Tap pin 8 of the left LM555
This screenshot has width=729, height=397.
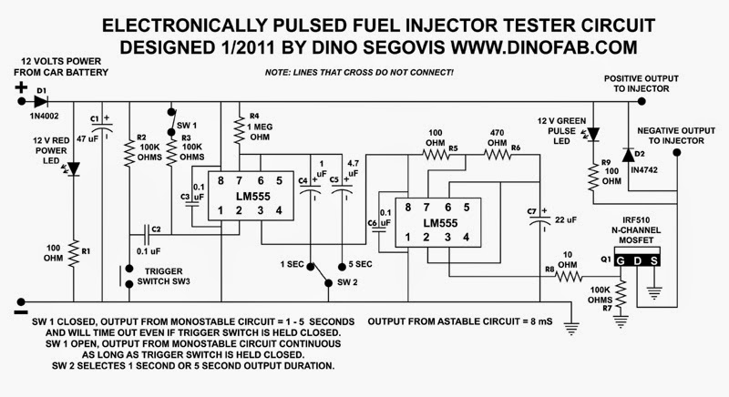coord(221,180)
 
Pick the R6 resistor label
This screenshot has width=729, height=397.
coord(515,147)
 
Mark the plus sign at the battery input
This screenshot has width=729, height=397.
coord(18,88)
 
